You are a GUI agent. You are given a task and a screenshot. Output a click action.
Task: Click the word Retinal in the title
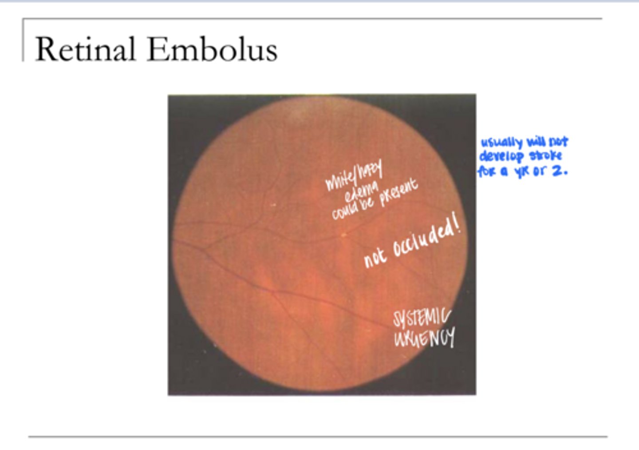(x=85, y=49)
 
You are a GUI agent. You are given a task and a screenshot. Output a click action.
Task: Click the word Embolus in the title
(x=212, y=49)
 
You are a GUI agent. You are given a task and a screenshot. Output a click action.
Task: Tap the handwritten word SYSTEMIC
(x=421, y=318)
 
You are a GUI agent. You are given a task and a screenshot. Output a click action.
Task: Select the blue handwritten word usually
(x=501, y=143)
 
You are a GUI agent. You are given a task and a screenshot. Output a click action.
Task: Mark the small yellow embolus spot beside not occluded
(x=343, y=234)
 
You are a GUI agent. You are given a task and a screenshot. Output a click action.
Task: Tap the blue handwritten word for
(x=487, y=171)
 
